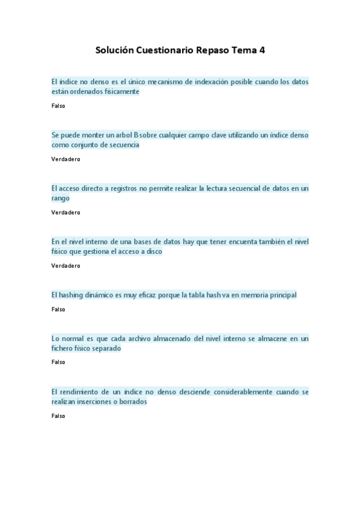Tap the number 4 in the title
click(262, 51)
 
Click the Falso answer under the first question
click(58, 106)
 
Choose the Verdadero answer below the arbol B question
click(66, 159)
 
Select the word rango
click(61, 198)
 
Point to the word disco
click(154, 251)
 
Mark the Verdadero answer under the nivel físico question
click(66, 266)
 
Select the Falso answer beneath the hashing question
click(58, 309)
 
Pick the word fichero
click(64, 348)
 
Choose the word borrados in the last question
click(132, 401)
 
